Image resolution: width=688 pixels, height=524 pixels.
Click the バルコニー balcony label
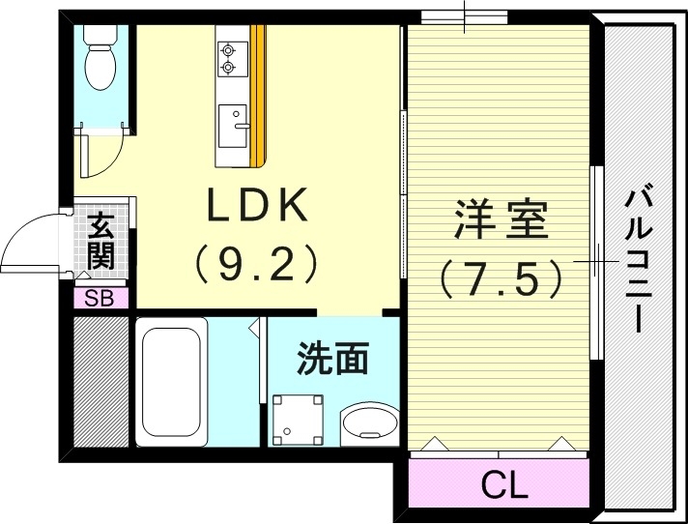(639, 260)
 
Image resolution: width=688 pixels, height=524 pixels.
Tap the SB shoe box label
(100, 299)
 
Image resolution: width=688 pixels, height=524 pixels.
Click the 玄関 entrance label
(100, 242)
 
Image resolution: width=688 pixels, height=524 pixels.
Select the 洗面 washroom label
(332, 359)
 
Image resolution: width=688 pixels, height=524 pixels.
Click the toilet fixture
(100, 58)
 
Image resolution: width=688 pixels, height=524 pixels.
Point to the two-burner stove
(230, 57)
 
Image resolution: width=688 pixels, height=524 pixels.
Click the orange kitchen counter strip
(257, 97)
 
